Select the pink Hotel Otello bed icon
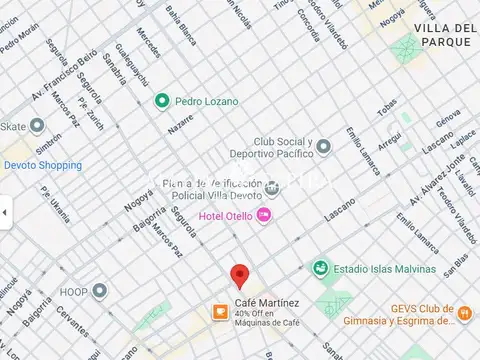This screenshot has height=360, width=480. pos(264,215)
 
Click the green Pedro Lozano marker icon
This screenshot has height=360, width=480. pos(161,101)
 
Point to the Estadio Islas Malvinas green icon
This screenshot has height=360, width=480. pos(319,267)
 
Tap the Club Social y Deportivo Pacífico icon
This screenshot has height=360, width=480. pos(323,148)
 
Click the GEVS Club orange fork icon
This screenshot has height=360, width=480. pos(464,314)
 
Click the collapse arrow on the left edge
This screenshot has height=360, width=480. pos(4,212)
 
